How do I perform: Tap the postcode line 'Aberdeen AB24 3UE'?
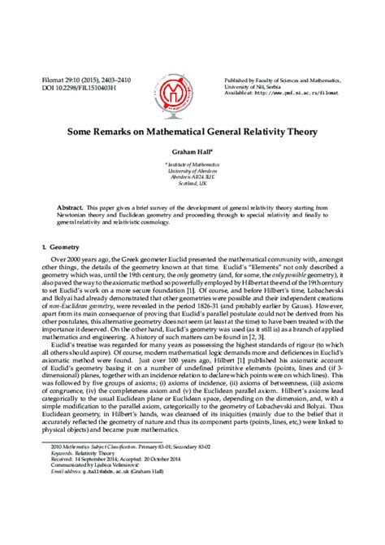point(192,177)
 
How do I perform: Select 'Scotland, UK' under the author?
point(192,185)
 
